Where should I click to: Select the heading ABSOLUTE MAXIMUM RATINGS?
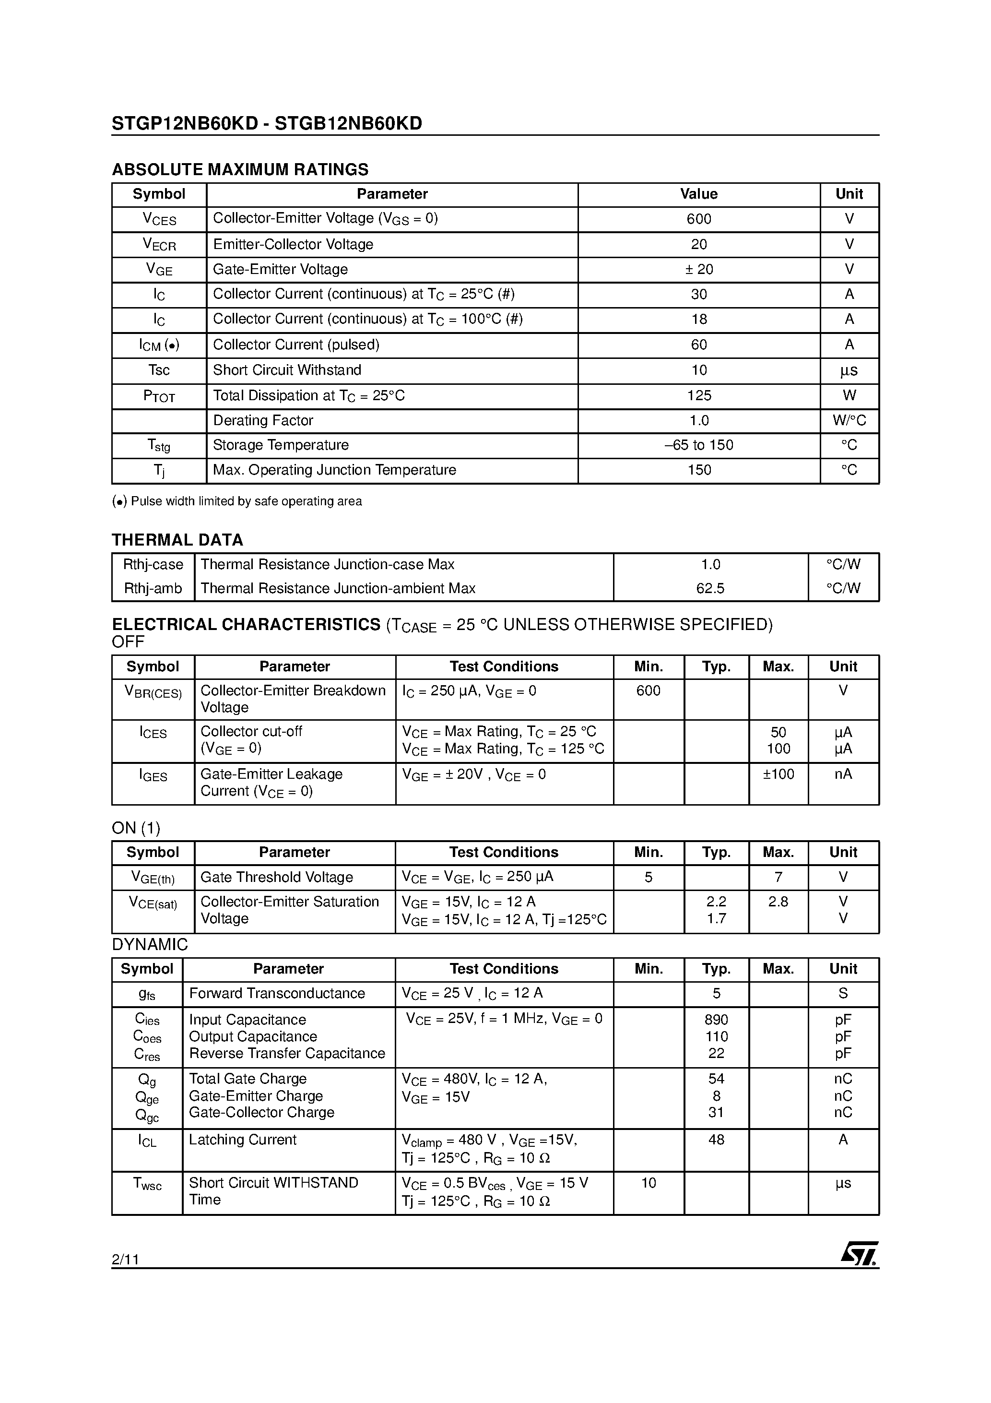(240, 169)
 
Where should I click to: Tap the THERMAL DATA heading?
(177, 540)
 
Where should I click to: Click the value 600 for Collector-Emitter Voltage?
(698, 219)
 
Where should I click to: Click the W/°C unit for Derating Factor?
(849, 420)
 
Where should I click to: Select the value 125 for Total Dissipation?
(698, 395)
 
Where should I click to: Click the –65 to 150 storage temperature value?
(698, 445)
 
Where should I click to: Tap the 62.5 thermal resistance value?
(710, 588)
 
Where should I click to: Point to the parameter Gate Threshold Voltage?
(276, 878)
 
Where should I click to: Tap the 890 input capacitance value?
(716, 1020)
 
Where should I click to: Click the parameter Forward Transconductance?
(277, 994)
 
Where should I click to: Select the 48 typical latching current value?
(716, 1140)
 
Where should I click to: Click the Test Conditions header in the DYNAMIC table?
(504, 969)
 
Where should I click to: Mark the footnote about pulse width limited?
(237, 501)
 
